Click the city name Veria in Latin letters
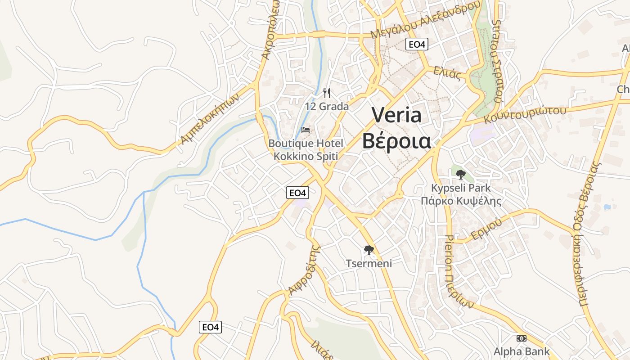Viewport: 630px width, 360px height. pyautogui.click(x=396, y=115)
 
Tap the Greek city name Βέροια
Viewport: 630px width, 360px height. pyautogui.click(x=396, y=141)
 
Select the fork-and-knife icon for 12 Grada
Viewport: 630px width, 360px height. pyautogui.click(x=327, y=93)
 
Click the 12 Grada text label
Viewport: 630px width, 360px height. pyautogui.click(x=327, y=107)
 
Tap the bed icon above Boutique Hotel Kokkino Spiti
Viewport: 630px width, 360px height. pyautogui.click(x=306, y=130)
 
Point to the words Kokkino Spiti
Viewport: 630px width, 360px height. pyautogui.click(x=306, y=156)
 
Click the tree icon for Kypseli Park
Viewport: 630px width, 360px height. pyautogui.click(x=460, y=175)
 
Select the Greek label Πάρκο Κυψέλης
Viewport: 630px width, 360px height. pyautogui.click(x=461, y=201)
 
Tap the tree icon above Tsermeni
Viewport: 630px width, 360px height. pyautogui.click(x=369, y=250)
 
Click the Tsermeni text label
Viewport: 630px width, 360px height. pyautogui.click(x=369, y=263)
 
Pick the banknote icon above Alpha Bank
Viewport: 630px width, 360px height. pyautogui.click(x=522, y=338)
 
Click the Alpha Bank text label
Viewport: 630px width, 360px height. pyautogui.click(x=522, y=351)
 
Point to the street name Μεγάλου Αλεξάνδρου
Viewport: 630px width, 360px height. pyautogui.click(x=425, y=20)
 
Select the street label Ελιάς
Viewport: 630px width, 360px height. pyautogui.click(x=447, y=72)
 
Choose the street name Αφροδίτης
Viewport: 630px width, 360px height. pyautogui.click(x=304, y=270)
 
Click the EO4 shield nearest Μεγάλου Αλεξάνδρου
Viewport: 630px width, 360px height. pyautogui.click(x=416, y=44)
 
